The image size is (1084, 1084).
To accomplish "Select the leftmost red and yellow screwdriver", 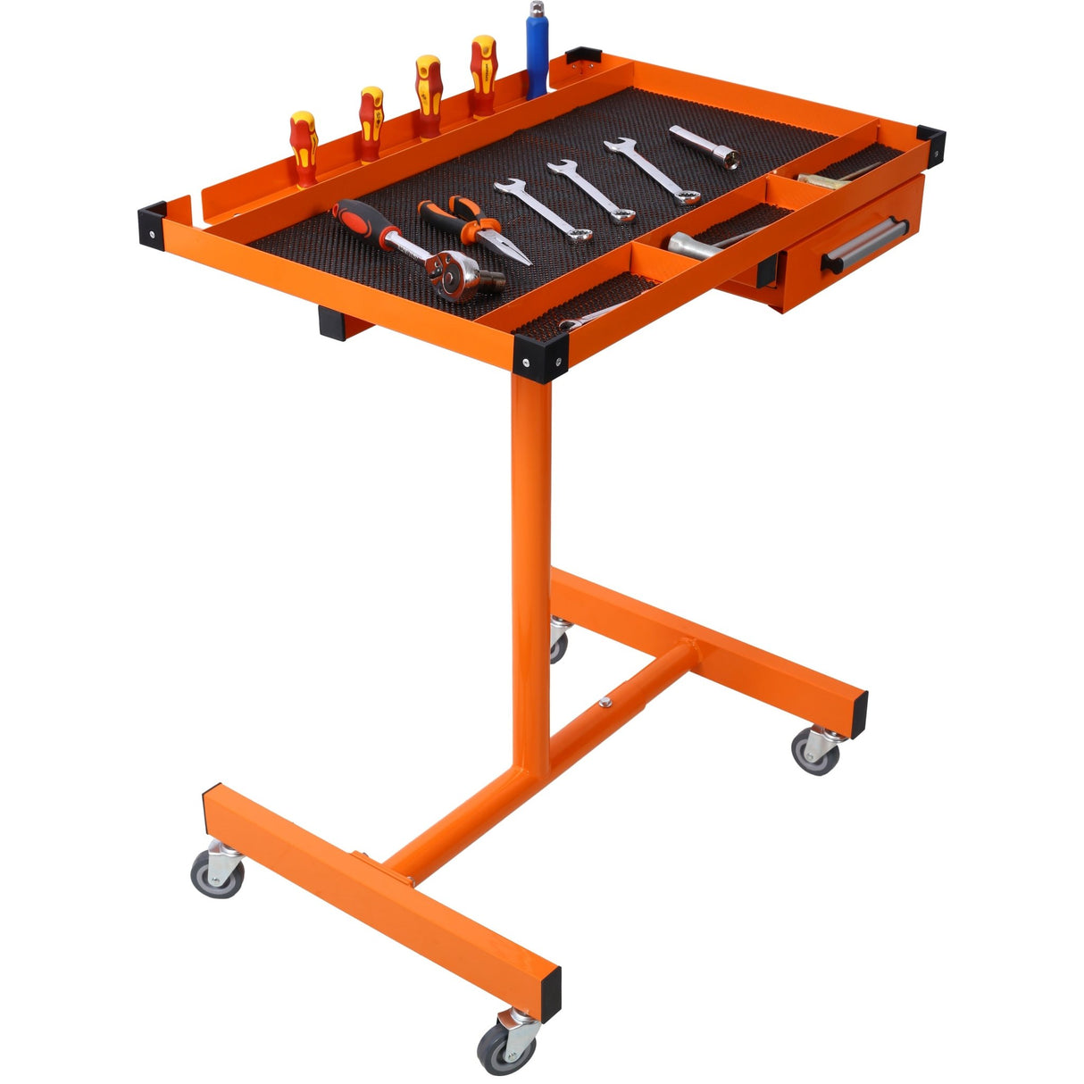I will tap(304, 143).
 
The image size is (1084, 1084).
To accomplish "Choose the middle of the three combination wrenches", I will tap(590, 190).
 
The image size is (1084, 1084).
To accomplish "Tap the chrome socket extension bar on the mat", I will tap(705, 147).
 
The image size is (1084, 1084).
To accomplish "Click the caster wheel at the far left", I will tap(217, 874).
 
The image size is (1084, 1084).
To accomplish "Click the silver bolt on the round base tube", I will tap(606, 703).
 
